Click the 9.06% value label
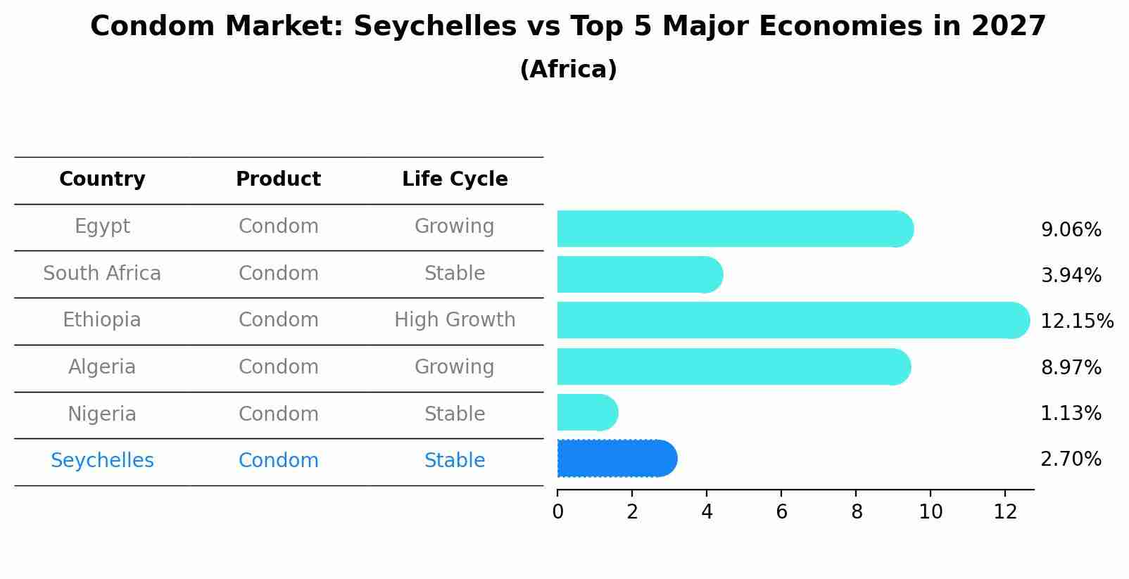[1071, 230]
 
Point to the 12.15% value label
[1076, 322]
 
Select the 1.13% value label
[1071, 414]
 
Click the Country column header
[102, 179]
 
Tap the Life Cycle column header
[455, 179]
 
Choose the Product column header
[278, 179]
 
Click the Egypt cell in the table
[102, 227]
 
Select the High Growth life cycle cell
[455, 320]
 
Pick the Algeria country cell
[102, 367]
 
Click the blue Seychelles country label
[102, 461]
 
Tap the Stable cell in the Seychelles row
[455, 461]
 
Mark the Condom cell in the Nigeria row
[278, 414]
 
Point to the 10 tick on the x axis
[931, 512]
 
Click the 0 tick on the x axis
[557, 512]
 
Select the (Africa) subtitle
[568, 70]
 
